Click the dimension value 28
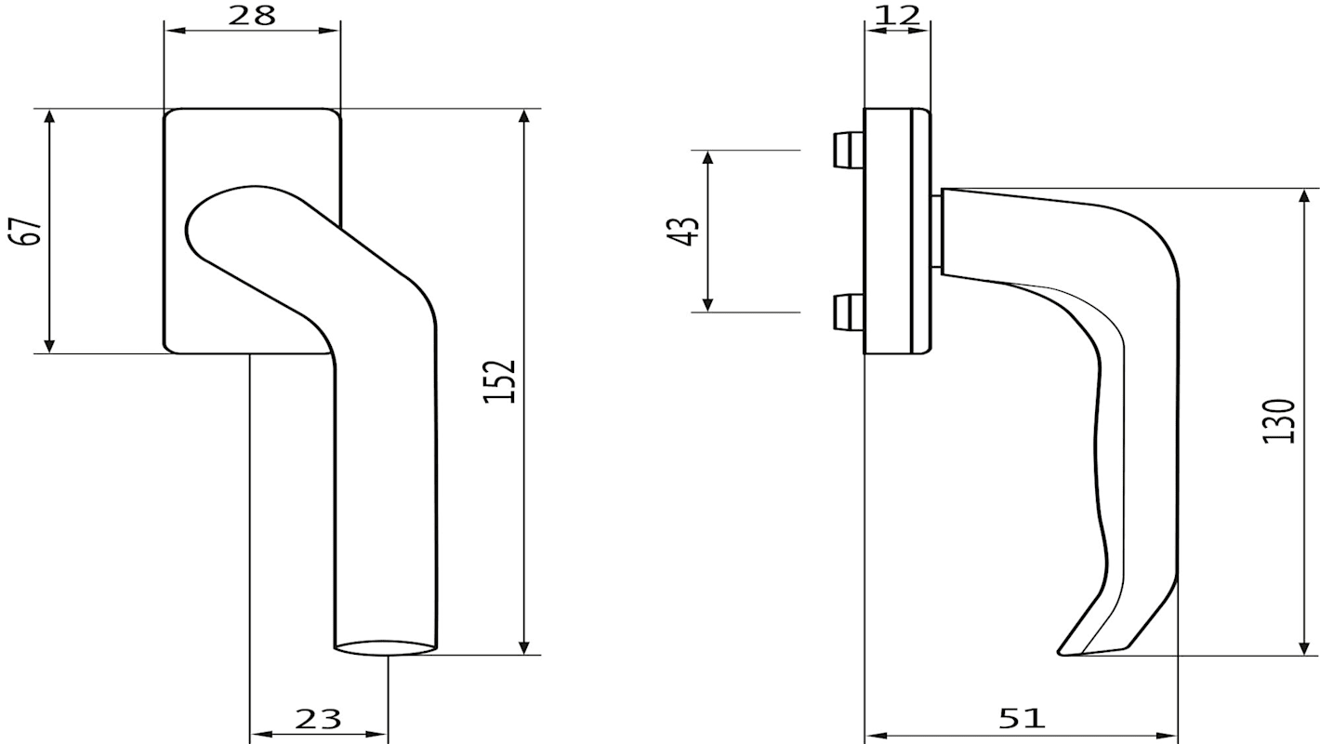click(252, 15)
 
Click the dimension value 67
click(30, 231)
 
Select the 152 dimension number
click(499, 380)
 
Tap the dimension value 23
click(319, 719)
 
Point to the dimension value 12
click(897, 14)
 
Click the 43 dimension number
click(684, 231)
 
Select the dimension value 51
click(1022, 718)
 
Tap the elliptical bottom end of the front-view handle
click(385, 646)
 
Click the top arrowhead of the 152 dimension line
click(525, 115)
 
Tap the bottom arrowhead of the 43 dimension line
click(708, 305)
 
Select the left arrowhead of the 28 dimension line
click(172, 31)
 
